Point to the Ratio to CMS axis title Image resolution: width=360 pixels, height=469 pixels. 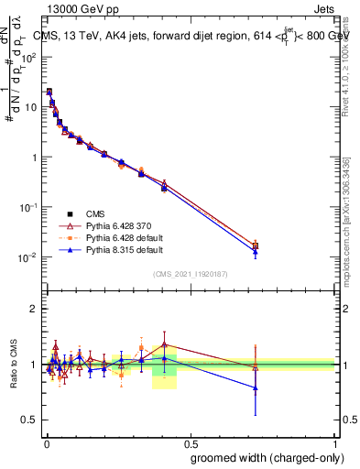[14, 365]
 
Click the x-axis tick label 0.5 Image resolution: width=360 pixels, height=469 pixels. [191, 442]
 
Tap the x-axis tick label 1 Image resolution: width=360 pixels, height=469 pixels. [335, 442]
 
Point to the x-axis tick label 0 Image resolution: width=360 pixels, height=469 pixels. [46, 442]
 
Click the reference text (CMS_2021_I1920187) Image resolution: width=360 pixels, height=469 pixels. [191, 274]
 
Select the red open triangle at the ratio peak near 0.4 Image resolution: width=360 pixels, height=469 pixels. [164, 345]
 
